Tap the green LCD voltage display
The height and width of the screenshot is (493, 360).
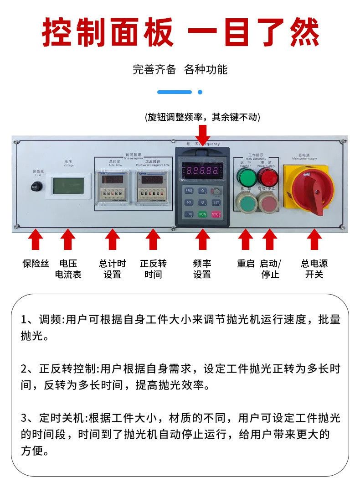pyautogui.click(x=67, y=186)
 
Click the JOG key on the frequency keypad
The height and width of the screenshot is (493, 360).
pyautogui.click(x=189, y=213)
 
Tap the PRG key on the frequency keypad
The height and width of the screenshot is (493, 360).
pyautogui.click(x=189, y=191)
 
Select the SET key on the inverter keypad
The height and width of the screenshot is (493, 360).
pyautogui.click(x=216, y=202)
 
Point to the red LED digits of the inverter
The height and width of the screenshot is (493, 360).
pyautogui.click(x=202, y=171)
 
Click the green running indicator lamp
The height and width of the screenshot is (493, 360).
pyautogui.click(x=246, y=176)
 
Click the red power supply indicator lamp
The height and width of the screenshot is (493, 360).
pyautogui.click(x=268, y=176)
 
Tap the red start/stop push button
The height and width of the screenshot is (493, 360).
pyautogui.click(x=268, y=202)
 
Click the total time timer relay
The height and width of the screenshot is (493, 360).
pyautogui.click(x=112, y=187)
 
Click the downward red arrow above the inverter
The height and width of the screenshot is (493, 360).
pyautogui.click(x=203, y=135)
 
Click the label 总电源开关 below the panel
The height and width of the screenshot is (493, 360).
pyautogui.click(x=314, y=269)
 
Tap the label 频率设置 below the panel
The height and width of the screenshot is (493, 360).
pyautogui.click(x=202, y=269)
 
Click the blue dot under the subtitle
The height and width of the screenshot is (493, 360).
pyautogui.click(x=200, y=92)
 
